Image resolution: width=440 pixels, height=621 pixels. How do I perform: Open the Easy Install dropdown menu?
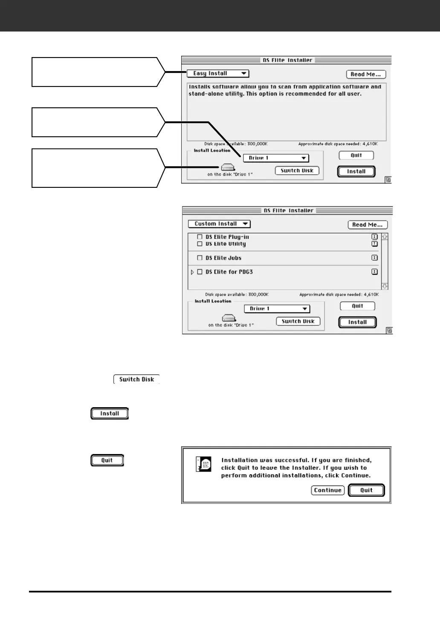point(218,74)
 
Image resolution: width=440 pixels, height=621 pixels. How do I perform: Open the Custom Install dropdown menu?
point(219,224)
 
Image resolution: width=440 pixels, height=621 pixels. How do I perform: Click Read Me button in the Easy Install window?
point(366,75)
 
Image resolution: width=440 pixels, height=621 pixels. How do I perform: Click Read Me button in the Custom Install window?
point(368,225)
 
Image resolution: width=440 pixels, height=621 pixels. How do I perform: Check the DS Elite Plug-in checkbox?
point(200,237)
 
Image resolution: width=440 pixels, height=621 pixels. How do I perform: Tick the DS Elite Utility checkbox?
point(200,244)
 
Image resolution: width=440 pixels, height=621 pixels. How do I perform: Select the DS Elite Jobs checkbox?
point(200,258)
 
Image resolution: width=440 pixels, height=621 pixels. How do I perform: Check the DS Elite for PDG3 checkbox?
point(200,272)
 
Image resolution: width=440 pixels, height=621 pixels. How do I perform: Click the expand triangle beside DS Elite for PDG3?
point(192,272)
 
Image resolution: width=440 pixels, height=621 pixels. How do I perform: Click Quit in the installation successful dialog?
point(366,490)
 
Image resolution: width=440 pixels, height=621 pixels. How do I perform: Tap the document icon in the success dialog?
point(203,464)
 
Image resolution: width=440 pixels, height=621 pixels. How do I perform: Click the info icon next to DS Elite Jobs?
point(374,258)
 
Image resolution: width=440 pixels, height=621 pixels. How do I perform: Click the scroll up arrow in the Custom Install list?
point(385,236)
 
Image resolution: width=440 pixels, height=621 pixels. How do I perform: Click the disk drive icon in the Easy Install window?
point(228,168)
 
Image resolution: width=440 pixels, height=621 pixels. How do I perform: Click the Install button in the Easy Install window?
point(356,172)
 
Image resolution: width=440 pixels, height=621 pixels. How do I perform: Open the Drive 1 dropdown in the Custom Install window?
point(277,309)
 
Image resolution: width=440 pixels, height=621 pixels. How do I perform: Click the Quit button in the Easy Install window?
point(356,155)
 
